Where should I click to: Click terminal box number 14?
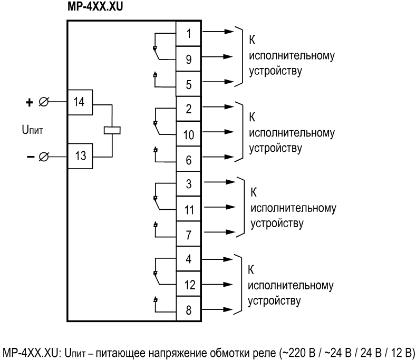80,102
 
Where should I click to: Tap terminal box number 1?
189,33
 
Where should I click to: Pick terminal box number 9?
189,58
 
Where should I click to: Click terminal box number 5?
189,83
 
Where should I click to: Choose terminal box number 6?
189,159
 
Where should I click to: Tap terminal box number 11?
189,209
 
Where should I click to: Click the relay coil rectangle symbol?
112,129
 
